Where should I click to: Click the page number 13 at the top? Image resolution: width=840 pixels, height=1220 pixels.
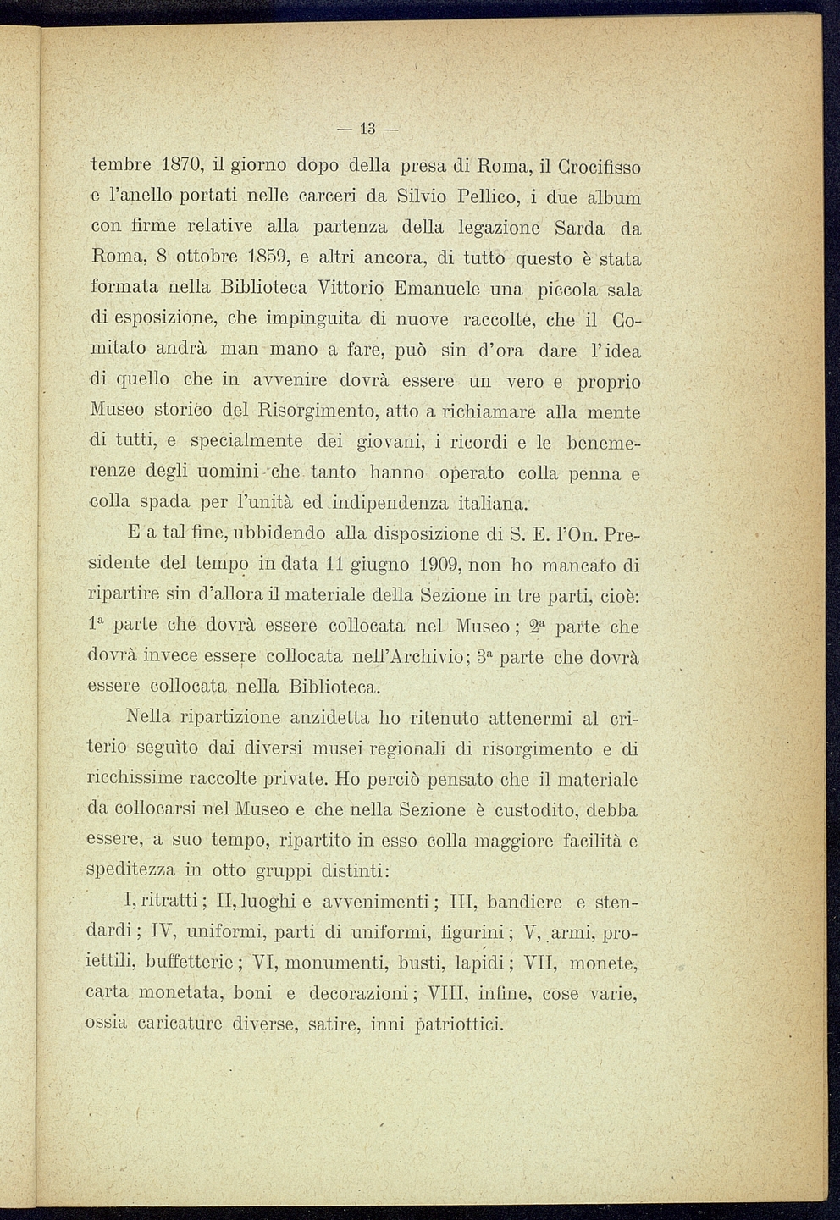click(367, 130)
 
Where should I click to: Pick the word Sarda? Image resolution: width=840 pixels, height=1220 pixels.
click(579, 228)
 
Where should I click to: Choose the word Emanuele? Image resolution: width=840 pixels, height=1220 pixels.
click(438, 288)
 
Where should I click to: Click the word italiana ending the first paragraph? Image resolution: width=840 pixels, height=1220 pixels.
click(493, 503)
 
